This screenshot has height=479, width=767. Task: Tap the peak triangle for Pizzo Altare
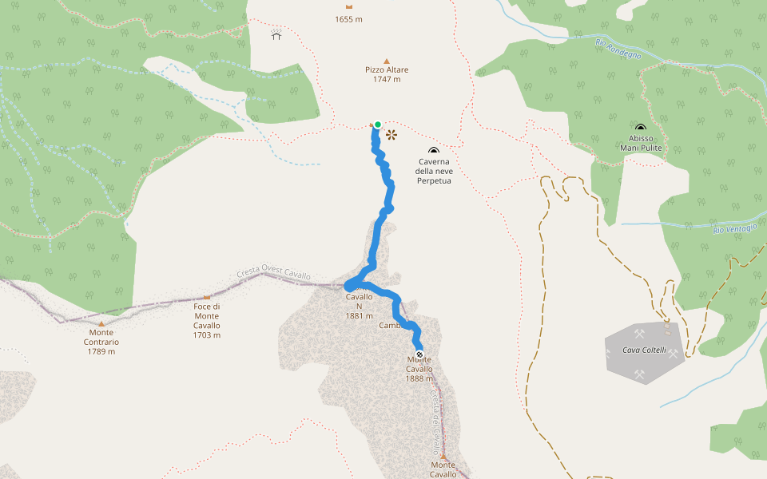click(x=387, y=61)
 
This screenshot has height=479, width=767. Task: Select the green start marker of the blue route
click(x=377, y=125)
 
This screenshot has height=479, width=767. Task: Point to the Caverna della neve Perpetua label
click(x=434, y=171)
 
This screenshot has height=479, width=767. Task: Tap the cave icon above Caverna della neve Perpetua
click(x=434, y=151)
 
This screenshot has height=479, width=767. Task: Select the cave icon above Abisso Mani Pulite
click(x=641, y=128)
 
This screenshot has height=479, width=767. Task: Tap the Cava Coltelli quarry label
click(x=645, y=350)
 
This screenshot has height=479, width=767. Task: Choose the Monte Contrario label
click(x=101, y=342)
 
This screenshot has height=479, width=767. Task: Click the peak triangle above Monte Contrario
click(x=101, y=323)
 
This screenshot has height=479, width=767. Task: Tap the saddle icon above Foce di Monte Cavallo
click(x=206, y=297)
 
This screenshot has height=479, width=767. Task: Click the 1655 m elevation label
click(x=348, y=19)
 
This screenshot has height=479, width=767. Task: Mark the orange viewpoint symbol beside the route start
click(x=391, y=135)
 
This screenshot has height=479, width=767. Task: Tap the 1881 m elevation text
click(x=360, y=315)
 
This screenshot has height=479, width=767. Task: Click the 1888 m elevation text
click(x=419, y=378)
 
